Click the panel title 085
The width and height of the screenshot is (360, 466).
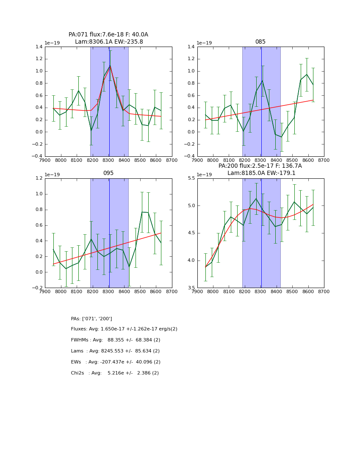tap(260, 42)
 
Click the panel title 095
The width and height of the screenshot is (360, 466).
tap(108, 173)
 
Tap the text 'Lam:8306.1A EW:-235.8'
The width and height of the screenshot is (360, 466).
tap(109, 42)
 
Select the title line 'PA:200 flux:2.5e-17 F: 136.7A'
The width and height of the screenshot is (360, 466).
tap(260, 166)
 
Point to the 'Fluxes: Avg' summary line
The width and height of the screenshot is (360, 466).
tap(124, 329)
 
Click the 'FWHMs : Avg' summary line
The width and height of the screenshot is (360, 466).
tap(116, 340)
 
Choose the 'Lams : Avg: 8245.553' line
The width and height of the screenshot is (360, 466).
tap(115, 351)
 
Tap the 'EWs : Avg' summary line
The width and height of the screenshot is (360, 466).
tap(116, 362)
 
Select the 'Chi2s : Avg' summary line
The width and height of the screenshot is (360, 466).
tap(115, 373)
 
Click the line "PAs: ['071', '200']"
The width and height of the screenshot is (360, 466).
tap(91, 319)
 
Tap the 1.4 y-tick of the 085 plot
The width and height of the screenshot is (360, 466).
tap(190, 47)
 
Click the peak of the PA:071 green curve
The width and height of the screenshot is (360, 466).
tap(110, 66)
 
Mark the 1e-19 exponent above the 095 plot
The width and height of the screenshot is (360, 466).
tap(52, 175)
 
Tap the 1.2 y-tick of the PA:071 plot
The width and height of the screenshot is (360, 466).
tap(39, 59)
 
